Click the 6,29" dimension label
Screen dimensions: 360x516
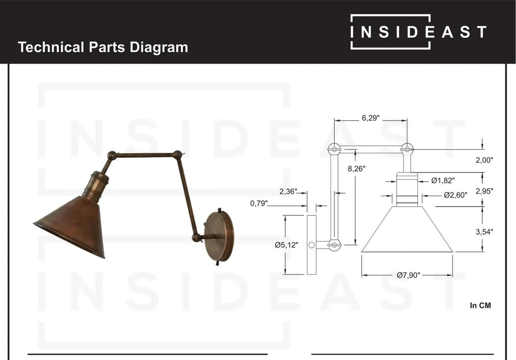[370, 118]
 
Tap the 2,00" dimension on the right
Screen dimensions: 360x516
[484, 160]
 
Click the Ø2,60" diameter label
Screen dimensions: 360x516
[456, 195]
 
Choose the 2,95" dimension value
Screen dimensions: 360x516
[484, 191]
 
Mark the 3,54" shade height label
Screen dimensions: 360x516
[484, 232]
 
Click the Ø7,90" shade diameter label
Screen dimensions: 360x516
[408, 275]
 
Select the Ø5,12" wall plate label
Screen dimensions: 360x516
[287, 245]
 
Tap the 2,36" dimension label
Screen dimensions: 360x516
[288, 192]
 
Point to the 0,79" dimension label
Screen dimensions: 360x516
[259, 204]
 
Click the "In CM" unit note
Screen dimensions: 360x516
[480, 305]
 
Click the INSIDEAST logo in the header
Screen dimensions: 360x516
[418, 32]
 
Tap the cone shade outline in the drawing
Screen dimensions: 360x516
[407, 232]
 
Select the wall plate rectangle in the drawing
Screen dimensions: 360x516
[311, 245]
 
